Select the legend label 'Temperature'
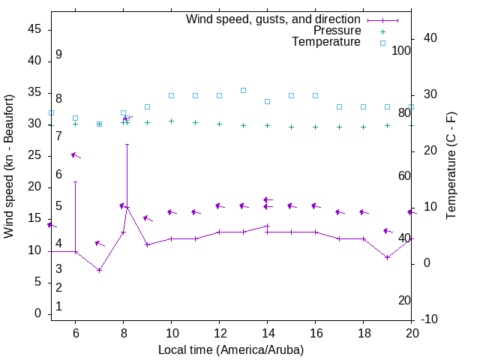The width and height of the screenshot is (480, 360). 326,42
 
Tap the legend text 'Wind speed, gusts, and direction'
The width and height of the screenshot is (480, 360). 274,19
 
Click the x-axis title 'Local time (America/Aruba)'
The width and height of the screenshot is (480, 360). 231,349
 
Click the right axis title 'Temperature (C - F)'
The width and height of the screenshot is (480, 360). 451,166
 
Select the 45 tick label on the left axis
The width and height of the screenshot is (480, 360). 34,29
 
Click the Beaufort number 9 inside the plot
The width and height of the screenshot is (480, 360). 58,55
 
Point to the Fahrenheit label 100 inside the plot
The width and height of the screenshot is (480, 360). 401,50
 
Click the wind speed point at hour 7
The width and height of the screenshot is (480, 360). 99,270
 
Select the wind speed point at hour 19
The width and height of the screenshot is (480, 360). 387,257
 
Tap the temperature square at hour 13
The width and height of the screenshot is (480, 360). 243,90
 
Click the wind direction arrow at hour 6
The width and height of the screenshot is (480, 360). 75,155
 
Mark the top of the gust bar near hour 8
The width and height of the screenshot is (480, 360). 127,144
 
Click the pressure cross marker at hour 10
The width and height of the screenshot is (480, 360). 171,121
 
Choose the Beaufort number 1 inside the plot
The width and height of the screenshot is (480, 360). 58,307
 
